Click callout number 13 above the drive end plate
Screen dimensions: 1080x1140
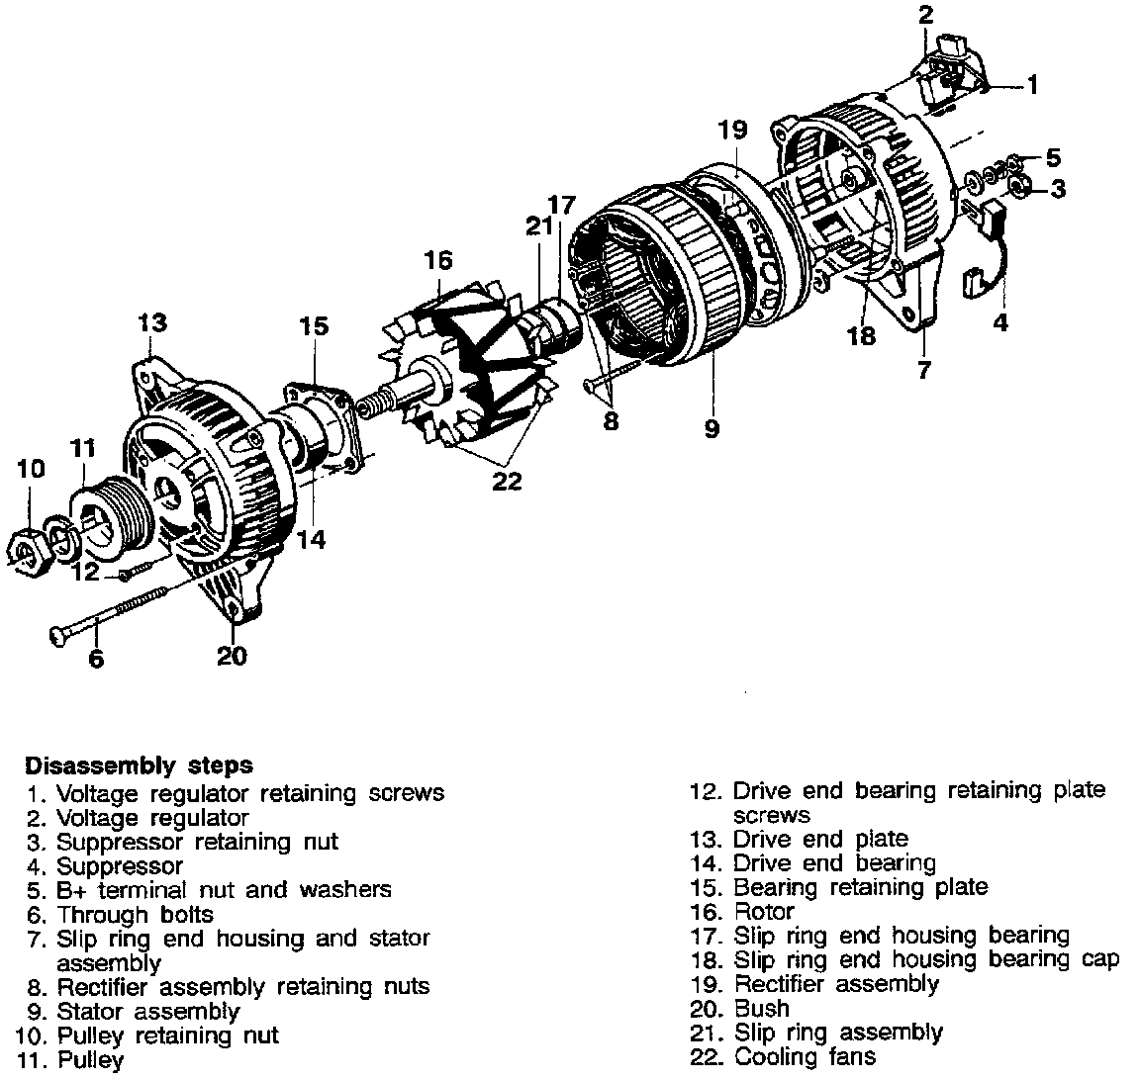pyautogui.click(x=151, y=322)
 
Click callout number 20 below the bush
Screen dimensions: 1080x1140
pyautogui.click(x=232, y=655)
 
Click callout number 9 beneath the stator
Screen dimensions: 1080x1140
pyautogui.click(x=712, y=428)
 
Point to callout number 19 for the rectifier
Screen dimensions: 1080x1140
pyautogui.click(x=732, y=130)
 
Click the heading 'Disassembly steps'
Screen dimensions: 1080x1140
pyautogui.click(x=139, y=765)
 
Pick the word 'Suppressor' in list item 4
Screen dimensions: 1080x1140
pyautogui.click(x=119, y=866)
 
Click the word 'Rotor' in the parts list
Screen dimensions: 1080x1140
pyautogui.click(x=764, y=912)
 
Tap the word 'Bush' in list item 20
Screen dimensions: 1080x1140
pyautogui.click(x=762, y=1008)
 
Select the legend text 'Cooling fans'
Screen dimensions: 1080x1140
pyautogui.click(x=805, y=1056)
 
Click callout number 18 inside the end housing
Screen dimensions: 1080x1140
pyautogui.click(x=862, y=335)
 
